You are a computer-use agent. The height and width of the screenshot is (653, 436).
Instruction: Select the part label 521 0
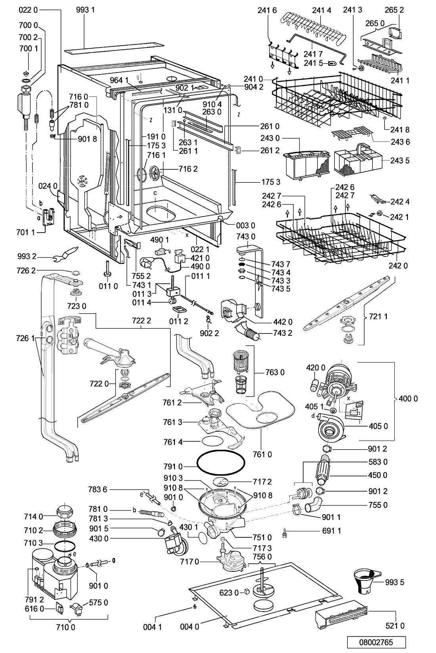[x=397, y=626]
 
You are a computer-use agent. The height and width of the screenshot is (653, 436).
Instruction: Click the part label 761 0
[x=264, y=454]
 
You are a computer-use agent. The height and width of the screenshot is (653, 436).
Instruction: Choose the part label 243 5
[x=400, y=161]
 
